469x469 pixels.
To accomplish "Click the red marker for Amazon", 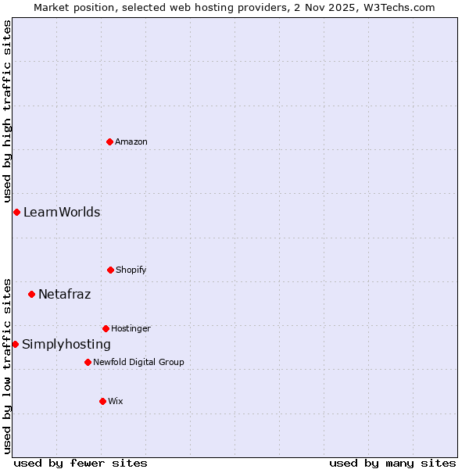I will click(109, 141).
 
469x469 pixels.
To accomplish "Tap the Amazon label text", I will click(131, 141).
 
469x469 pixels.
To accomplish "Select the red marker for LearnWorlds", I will click(16, 212).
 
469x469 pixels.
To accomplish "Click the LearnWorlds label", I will click(62, 212).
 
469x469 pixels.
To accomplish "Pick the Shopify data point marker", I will click(110, 270).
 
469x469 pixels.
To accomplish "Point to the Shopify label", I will click(131, 270).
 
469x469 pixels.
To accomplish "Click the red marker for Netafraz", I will click(31, 294).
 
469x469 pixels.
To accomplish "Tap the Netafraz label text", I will click(65, 294).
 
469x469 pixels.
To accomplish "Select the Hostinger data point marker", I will click(106, 328).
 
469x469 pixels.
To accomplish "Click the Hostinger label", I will click(131, 328).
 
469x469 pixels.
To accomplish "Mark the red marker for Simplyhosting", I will click(15, 344).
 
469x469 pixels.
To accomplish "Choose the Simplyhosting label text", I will click(66, 344).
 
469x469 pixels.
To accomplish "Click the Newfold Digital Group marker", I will click(88, 362).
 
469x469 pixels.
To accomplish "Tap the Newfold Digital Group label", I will click(138, 362).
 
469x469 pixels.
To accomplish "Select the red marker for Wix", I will click(102, 401).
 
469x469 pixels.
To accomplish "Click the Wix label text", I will click(116, 401).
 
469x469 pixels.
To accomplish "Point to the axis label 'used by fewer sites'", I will click(81, 463).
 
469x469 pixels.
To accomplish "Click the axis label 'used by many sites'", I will click(392, 463).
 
